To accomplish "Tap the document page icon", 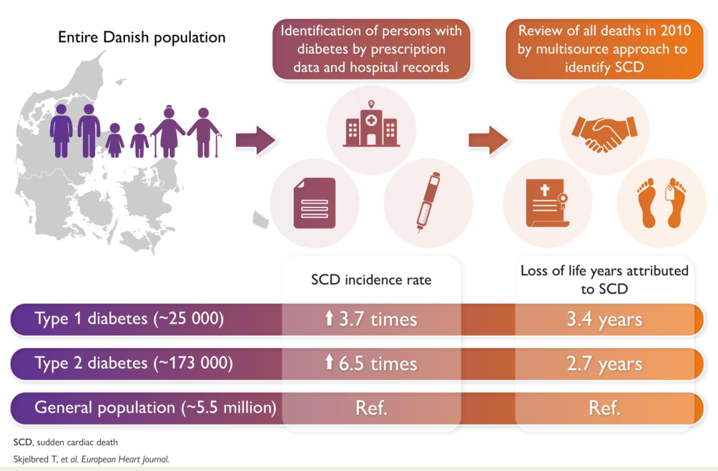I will (314, 203).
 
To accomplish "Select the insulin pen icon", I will (428, 202).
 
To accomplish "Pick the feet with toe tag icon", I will (661, 203).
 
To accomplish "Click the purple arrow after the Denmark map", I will (255, 140).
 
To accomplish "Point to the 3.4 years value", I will (604, 320).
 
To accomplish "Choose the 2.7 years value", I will (604, 363).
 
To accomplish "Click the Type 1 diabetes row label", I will (129, 320).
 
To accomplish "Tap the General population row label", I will (155, 407).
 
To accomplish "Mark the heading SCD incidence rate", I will (371, 280).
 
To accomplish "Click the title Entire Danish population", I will (142, 37).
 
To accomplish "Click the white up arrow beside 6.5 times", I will (329, 363).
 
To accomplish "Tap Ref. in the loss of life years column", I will (604, 407).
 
